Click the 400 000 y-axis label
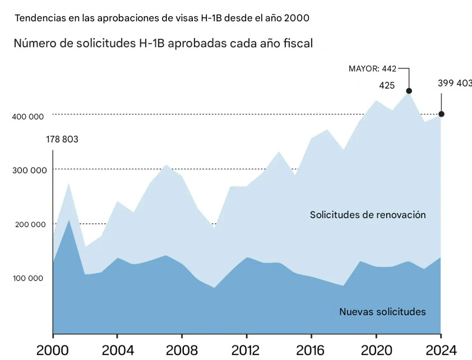pyautogui.click(x=28, y=117)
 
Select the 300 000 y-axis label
pyautogui.click(x=28, y=170)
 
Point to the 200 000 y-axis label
pyautogui.click(x=28, y=224)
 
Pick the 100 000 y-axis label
pyautogui.click(x=28, y=278)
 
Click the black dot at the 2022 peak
pyautogui.click(x=409, y=91)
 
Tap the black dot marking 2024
pyautogui.click(x=441, y=114)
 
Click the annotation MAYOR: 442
pyautogui.click(x=372, y=69)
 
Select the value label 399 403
pyautogui.click(x=454, y=84)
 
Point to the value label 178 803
pyautogui.click(x=62, y=140)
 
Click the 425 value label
pyautogui.click(x=387, y=86)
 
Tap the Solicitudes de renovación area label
pyautogui.click(x=368, y=215)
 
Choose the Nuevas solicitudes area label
pyautogui.click(x=382, y=312)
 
